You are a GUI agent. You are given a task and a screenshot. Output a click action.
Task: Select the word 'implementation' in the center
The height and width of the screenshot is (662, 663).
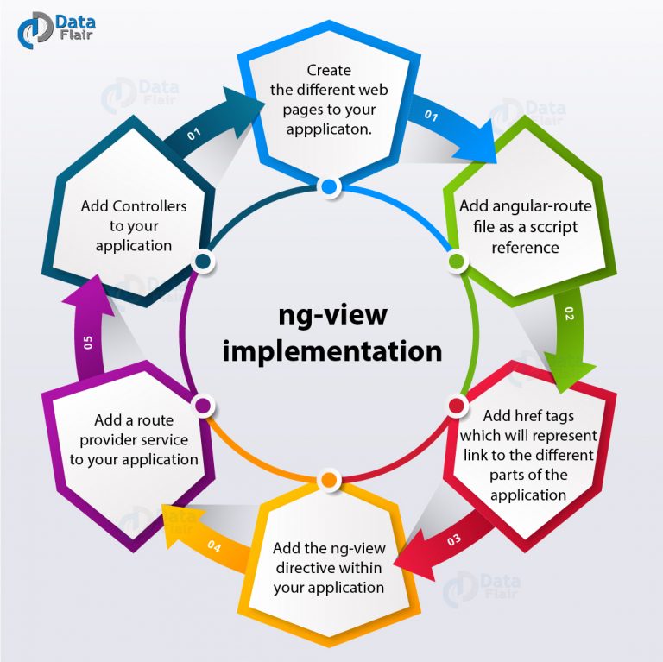pos(332,351)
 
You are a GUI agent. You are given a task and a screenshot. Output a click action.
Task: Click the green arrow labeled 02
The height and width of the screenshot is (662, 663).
pos(568,332)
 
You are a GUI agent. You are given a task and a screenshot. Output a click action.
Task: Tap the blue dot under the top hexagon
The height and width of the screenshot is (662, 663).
pos(328,186)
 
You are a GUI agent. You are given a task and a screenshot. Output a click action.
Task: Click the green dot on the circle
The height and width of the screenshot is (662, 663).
pos(457,260)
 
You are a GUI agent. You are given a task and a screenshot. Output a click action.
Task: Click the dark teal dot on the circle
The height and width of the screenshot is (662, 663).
pos(203,260)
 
